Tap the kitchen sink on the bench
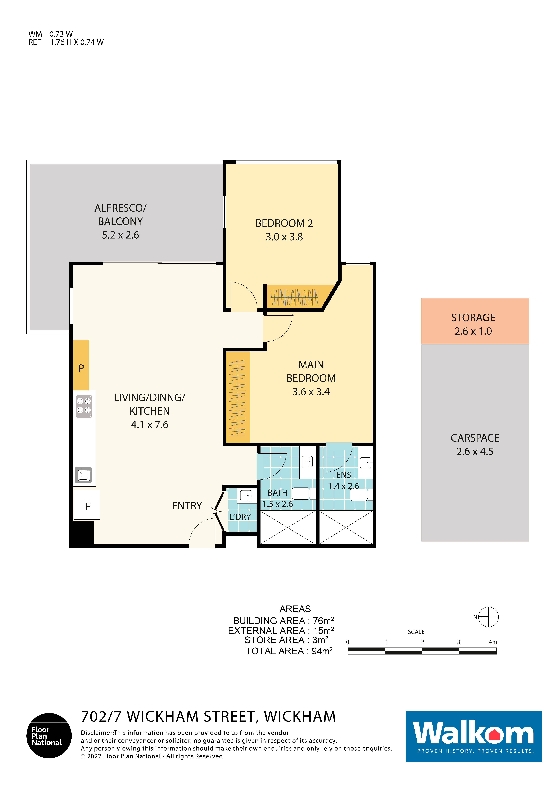pos(83,475)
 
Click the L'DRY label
pos(240,517)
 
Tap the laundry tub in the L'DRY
pos(246,495)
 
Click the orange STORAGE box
pos(475,321)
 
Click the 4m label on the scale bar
pos(493,642)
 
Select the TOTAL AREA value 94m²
pos(322,651)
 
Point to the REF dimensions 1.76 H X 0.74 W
pos(77,42)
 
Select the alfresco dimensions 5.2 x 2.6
pos(120,235)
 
